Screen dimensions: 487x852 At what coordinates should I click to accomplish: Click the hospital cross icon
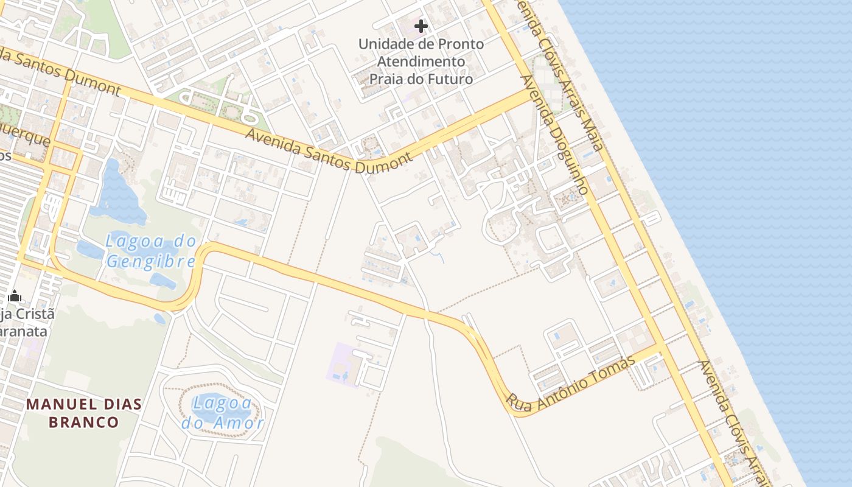pyautogui.click(x=421, y=26)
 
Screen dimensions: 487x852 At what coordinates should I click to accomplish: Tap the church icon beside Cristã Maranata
pyautogui.click(x=15, y=296)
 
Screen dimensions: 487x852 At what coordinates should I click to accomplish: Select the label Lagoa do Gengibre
pyautogui.click(x=150, y=251)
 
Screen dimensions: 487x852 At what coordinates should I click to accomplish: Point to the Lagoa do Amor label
pyautogui.click(x=223, y=413)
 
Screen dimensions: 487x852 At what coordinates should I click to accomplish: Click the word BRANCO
pyautogui.click(x=83, y=422)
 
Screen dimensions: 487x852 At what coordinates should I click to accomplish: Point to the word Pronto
pyautogui.click(x=459, y=44)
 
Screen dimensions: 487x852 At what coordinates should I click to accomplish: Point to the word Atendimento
pyautogui.click(x=421, y=61)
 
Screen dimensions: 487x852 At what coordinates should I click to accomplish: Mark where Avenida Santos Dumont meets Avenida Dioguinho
pyautogui.click(x=527, y=95)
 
